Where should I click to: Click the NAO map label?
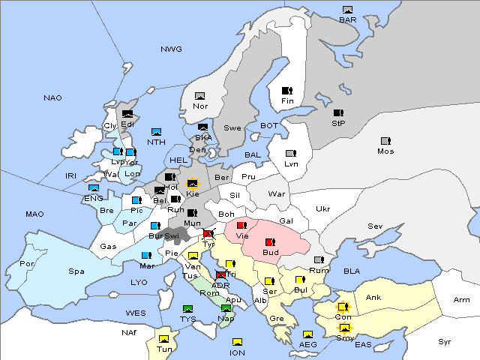tap(52, 98)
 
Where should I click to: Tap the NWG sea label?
tap(171, 49)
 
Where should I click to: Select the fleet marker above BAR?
tap(347, 10)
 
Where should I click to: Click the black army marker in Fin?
tap(286, 91)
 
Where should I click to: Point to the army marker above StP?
tap(338, 113)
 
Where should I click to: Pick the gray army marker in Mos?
tap(385, 141)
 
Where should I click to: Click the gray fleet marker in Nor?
tap(200, 96)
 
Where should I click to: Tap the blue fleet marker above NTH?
tap(157, 132)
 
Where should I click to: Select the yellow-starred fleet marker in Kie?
tap(193, 182)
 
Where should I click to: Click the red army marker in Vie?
tap(241, 225)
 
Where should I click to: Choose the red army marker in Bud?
tap(270, 241)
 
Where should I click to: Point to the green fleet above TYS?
tap(188, 309)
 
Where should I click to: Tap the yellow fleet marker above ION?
tap(237, 342)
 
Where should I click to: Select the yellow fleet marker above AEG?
tap(307, 334)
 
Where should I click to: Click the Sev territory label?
tap(375, 226)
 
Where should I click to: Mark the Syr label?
tap(445, 341)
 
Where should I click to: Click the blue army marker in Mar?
tap(146, 256)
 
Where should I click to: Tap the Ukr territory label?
tap(322, 209)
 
